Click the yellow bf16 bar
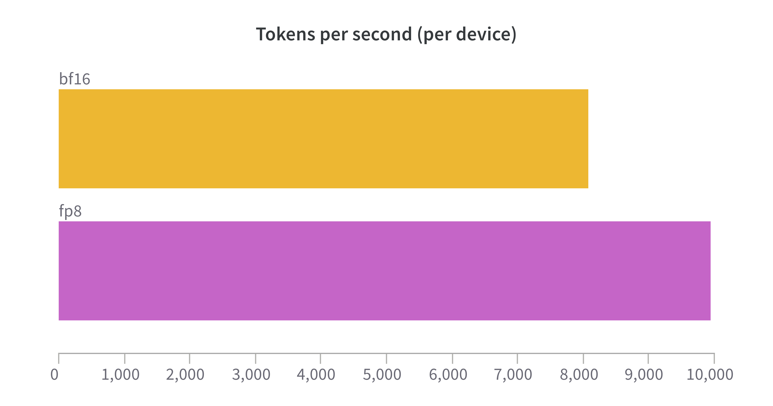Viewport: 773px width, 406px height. click(x=323, y=139)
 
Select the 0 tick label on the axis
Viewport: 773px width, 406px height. click(x=54, y=375)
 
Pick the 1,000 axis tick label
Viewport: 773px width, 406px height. click(x=120, y=375)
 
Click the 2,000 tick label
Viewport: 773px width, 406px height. click(x=185, y=375)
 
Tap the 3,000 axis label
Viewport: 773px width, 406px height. click(x=251, y=375)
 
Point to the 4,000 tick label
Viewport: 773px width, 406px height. click(x=316, y=375)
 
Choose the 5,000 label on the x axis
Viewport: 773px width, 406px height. click(x=382, y=375)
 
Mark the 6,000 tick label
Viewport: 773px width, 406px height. click(x=448, y=375)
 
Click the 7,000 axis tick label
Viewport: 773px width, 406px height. click(x=513, y=375)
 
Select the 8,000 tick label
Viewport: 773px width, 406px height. click(x=579, y=375)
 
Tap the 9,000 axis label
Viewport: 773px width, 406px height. click(x=644, y=375)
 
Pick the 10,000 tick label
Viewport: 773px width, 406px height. click(x=710, y=375)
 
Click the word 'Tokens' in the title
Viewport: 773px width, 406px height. click(x=285, y=34)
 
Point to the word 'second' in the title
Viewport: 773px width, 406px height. click(x=382, y=34)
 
